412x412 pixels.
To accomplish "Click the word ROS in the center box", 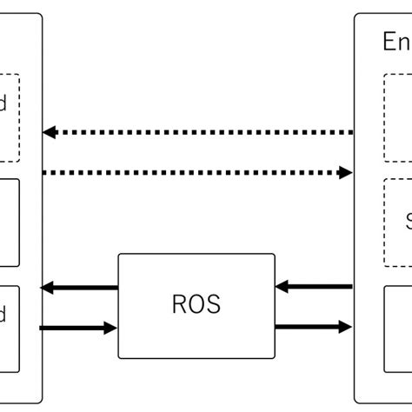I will click(196, 305).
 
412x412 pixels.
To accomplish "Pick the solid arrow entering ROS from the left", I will click(78, 328).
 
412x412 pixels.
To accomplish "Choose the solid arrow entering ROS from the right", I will click(315, 286).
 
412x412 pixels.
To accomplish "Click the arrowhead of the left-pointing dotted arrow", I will click(50, 132).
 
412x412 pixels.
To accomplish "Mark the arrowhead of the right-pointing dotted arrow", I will click(345, 173).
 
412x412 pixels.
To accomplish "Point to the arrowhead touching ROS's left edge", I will click(110, 328).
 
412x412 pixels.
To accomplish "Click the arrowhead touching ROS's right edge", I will click(282, 286).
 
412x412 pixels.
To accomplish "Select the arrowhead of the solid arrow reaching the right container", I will click(346, 327).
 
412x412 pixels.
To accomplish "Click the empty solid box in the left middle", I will click(9, 223).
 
